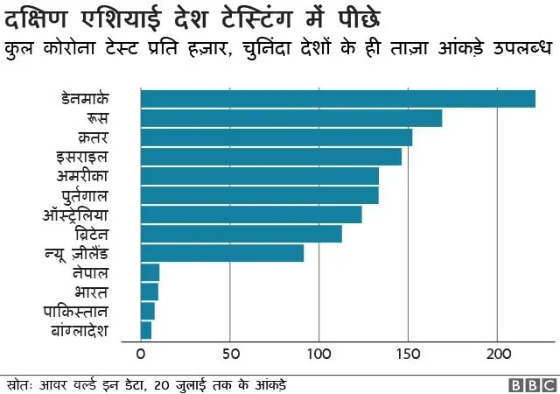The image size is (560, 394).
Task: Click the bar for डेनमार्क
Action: [338, 99]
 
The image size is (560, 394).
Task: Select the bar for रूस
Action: [291, 118]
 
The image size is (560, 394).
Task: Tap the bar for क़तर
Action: [276, 137]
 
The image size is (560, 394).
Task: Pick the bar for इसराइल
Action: [271, 157]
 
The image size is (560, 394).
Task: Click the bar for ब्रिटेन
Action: [241, 234]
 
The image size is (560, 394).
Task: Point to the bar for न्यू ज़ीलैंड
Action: [222, 253]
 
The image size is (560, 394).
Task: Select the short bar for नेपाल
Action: [150, 272]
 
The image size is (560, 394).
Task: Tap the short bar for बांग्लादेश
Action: [146, 330]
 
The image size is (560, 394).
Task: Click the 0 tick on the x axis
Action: [141, 355]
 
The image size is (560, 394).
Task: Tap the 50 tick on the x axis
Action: [229, 355]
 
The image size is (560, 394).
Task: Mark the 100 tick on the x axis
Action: [318, 355]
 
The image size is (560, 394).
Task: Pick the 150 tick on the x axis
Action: [408, 355]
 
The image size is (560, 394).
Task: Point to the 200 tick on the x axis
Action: [497, 355]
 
